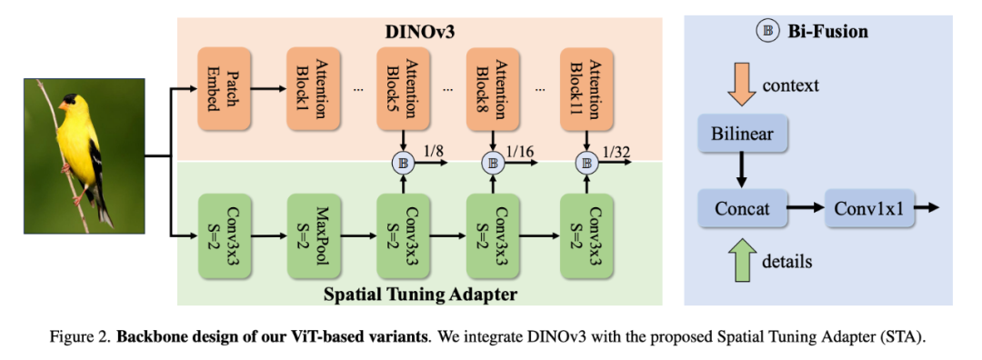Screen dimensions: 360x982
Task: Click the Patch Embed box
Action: tap(225, 89)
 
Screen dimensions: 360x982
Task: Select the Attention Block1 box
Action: tap(314, 89)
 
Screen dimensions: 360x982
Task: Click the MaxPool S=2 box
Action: tap(314, 235)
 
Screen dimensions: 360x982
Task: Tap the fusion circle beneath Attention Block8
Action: tap(493, 164)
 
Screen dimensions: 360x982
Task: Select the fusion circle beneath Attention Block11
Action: tap(587, 164)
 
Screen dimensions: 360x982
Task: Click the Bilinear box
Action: tap(742, 134)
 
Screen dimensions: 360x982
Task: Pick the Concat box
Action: tap(742, 209)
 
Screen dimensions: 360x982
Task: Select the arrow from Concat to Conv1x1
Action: tap(805, 209)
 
